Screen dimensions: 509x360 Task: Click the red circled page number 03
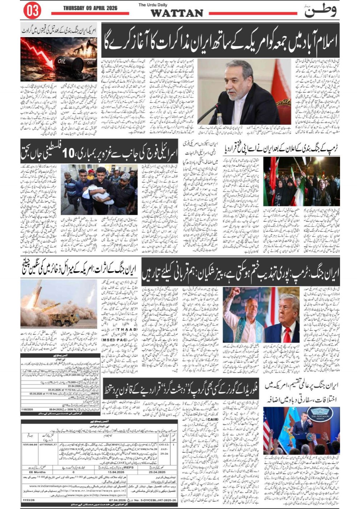(32, 11)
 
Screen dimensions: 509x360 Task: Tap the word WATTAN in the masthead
(176, 13)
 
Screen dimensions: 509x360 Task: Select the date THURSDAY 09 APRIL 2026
(90, 8)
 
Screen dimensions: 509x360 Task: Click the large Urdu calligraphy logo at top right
(320, 11)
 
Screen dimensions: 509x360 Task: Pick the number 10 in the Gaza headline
(69, 154)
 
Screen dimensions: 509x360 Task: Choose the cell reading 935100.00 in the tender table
(30, 444)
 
